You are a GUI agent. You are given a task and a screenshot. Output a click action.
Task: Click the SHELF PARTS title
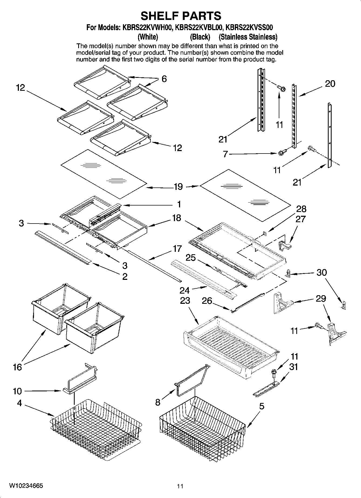181,16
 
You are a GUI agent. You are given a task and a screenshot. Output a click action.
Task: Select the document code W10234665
26,485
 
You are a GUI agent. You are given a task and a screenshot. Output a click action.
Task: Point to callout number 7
226,154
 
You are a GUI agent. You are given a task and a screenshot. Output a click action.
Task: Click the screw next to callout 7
281,153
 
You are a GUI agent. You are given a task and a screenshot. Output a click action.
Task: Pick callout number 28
301,209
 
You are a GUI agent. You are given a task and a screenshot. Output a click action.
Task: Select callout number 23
185,301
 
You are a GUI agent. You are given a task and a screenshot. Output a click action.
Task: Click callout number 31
293,367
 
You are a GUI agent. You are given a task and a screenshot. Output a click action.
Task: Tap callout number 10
17,391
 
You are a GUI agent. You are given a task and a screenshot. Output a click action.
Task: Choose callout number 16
17,367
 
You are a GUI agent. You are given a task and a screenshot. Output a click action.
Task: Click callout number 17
177,249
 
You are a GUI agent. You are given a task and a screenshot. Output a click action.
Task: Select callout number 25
191,258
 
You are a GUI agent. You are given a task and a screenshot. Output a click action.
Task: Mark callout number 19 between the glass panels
178,186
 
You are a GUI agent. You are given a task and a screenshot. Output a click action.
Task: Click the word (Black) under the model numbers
200,37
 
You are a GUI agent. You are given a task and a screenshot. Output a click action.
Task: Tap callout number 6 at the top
164,79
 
